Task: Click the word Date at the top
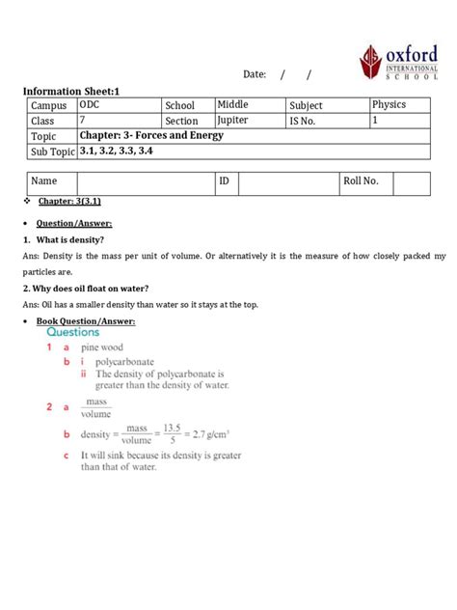pyautogui.click(x=255, y=74)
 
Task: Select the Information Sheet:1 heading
pyautogui.click(x=72, y=92)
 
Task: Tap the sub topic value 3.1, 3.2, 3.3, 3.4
pyautogui.click(x=116, y=152)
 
